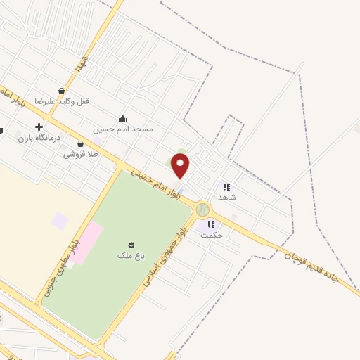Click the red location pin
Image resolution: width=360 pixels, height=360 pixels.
[x=181, y=165]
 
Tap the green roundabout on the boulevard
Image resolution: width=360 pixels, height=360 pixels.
[x=203, y=210]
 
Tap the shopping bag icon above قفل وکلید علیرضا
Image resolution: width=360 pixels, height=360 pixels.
[x=63, y=91]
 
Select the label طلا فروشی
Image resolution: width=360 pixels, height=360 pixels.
[x=81, y=153]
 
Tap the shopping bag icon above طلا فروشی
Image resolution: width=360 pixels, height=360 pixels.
[x=80, y=143]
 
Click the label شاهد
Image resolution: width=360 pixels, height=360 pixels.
[x=226, y=198]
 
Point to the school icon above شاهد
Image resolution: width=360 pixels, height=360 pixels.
[x=226, y=187]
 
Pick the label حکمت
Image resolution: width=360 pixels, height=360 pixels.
[x=212, y=236]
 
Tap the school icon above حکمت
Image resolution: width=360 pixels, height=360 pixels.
[x=210, y=225]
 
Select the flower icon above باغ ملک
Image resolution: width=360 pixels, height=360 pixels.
[x=129, y=243]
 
